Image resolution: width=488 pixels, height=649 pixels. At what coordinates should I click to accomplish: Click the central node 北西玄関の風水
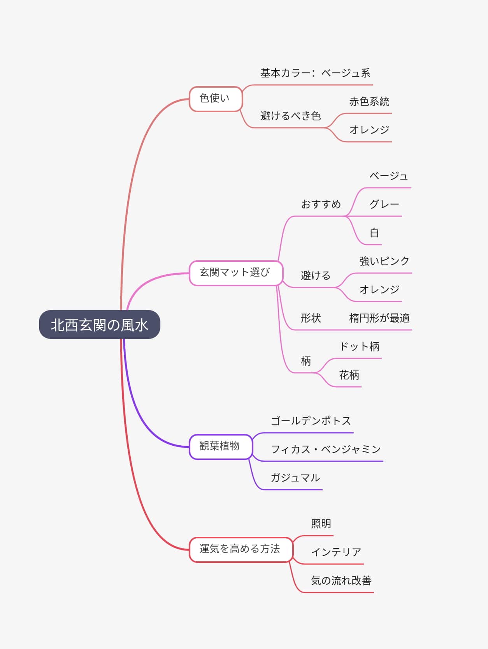pos(99,324)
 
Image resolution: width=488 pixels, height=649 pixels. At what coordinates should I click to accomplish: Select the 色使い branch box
pos(216,99)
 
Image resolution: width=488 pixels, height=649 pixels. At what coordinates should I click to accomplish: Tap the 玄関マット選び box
pos(235,273)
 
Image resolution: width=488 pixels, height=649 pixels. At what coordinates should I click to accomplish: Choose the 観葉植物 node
pos(220,446)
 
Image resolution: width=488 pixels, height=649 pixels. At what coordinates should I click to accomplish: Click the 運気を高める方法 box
pos(240,549)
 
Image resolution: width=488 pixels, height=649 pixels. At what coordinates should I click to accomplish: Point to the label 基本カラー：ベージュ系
pos(315,73)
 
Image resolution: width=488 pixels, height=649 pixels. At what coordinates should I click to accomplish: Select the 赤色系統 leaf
pos(369,102)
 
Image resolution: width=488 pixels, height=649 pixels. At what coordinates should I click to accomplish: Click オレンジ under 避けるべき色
pos(369,130)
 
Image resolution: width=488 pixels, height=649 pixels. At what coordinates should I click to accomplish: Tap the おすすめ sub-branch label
pos(321,205)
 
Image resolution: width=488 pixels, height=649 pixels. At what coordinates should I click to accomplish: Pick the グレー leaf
pos(384,205)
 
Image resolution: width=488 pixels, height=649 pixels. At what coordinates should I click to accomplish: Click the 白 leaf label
pos(374,233)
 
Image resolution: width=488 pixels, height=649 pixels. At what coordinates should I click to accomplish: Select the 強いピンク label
pos(384,261)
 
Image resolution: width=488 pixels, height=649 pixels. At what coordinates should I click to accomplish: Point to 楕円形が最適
pos(379,318)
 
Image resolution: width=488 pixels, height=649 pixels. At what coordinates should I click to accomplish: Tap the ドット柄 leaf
pos(359,347)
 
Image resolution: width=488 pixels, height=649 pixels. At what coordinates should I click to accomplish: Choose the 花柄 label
pos(349,375)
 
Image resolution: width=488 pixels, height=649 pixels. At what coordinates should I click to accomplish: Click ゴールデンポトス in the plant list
pos(311,421)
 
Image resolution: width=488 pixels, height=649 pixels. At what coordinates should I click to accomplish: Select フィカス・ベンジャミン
pos(326,450)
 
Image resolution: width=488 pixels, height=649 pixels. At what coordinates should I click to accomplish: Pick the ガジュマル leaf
pos(295,478)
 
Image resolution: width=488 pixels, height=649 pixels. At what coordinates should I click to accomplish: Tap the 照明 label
pos(321,524)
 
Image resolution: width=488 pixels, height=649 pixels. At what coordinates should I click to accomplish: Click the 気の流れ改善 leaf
pos(341,581)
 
